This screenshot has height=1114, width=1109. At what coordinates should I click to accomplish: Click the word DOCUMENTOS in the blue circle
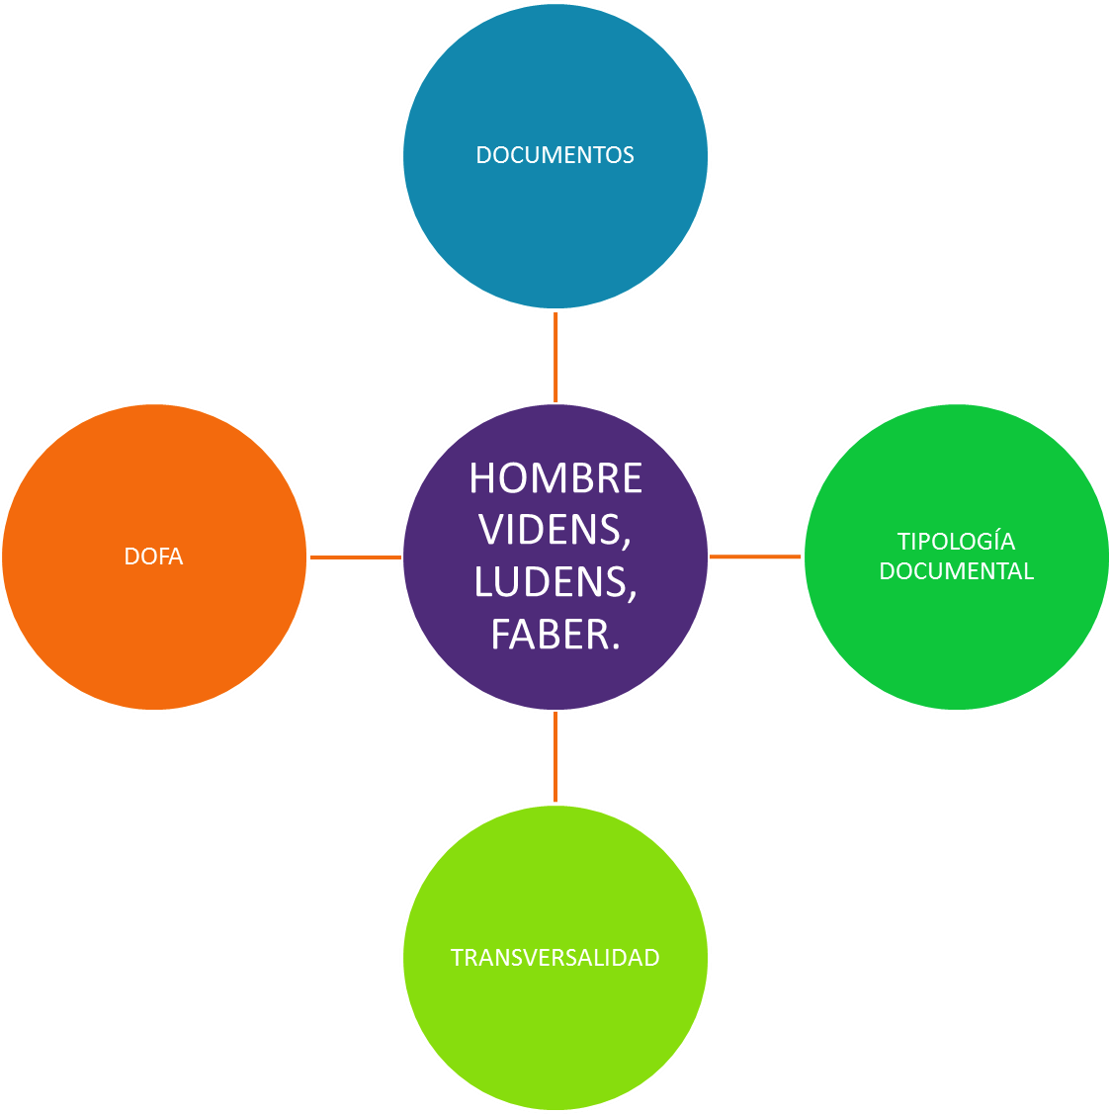tap(554, 155)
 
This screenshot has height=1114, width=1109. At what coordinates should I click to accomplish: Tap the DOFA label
tap(154, 557)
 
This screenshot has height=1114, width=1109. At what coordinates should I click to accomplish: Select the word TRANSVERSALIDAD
tap(554, 958)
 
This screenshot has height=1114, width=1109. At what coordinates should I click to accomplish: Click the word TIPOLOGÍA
tap(956, 542)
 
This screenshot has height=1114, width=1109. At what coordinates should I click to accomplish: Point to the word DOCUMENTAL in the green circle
tap(956, 571)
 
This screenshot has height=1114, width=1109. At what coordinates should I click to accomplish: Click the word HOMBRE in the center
tap(555, 478)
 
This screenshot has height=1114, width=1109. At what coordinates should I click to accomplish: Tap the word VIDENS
tap(552, 531)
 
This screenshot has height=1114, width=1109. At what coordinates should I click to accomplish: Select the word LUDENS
tap(550, 582)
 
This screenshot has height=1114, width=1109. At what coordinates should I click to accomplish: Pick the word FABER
tap(550, 635)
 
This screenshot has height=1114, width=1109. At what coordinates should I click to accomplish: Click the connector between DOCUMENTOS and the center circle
tap(555, 356)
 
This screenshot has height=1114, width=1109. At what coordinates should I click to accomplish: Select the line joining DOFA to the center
tap(355, 557)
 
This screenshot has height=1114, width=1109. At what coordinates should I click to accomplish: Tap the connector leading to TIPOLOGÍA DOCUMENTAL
tap(755, 557)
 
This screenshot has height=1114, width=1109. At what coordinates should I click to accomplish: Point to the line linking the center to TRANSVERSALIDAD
tap(555, 757)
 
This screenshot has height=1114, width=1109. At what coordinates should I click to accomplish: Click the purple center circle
tap(555, 682)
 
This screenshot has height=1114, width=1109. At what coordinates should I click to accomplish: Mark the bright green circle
tap(956, 643)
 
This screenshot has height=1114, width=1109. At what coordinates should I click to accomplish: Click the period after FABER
tap(615, 647)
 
